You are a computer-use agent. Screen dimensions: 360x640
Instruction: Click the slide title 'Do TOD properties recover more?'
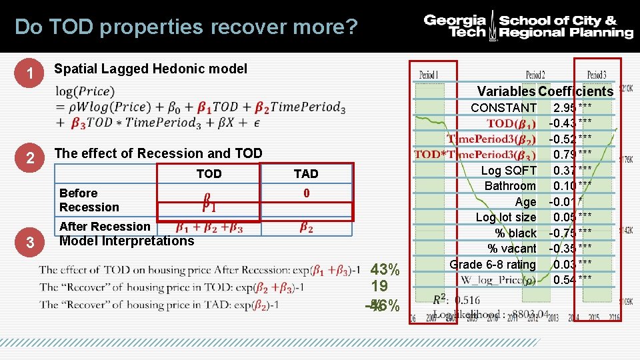pos(186,27)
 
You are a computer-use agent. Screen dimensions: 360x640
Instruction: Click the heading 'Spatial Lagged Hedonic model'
pos(150,69)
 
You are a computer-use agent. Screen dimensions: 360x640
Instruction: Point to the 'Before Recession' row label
pos(89,200)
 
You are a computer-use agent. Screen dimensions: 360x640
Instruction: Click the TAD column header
pos(306,174)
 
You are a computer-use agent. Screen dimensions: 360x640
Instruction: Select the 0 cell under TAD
pos(306,193)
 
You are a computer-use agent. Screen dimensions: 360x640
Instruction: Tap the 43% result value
pos(385,270)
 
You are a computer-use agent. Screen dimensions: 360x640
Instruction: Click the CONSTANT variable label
pos(503,108)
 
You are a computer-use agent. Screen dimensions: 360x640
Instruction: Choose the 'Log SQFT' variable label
pos(509,171)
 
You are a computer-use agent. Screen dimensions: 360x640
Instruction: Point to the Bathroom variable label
pos(510,186)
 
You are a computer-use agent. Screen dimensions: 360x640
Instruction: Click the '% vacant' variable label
pos(512,249)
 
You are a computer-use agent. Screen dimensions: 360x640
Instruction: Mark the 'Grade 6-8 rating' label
pos(493,265)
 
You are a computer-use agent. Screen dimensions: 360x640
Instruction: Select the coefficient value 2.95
pos(565,108)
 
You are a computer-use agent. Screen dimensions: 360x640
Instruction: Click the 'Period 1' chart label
pos(429,74)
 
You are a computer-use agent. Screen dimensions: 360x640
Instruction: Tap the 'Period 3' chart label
pos(597,74)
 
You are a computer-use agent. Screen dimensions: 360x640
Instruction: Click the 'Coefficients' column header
pos(575,91)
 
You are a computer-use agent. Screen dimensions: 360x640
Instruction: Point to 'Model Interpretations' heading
pos(127,241)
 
